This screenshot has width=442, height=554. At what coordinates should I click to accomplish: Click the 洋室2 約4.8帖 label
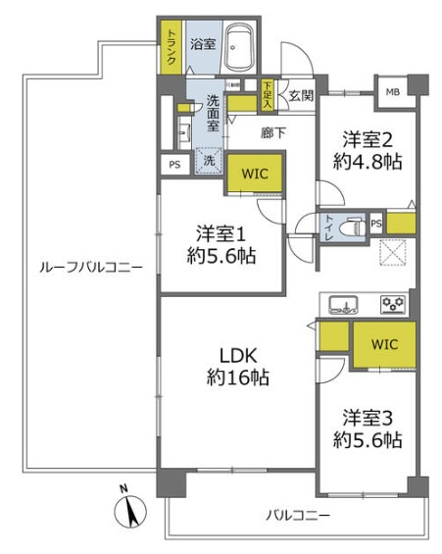click(367, 149)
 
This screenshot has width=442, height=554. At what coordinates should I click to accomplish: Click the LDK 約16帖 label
click(237, 367)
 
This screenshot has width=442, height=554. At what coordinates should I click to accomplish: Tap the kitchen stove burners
click(393, 303)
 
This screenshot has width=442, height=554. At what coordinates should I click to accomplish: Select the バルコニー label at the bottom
click(297, 515)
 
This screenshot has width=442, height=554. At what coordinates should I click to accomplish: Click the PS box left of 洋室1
click(174, 165)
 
